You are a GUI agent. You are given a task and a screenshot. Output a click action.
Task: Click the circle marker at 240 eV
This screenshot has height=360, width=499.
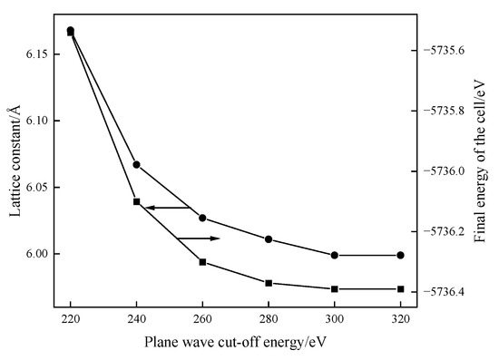(136, 164)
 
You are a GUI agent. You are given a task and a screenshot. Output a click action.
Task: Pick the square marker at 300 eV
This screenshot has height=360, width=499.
(335, 289)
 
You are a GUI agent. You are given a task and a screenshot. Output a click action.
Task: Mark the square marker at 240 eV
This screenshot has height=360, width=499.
(136, 201)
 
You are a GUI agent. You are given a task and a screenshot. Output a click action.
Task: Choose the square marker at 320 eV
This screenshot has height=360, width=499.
(400, 289)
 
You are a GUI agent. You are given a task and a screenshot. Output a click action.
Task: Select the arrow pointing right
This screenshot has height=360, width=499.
(199, 238)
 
